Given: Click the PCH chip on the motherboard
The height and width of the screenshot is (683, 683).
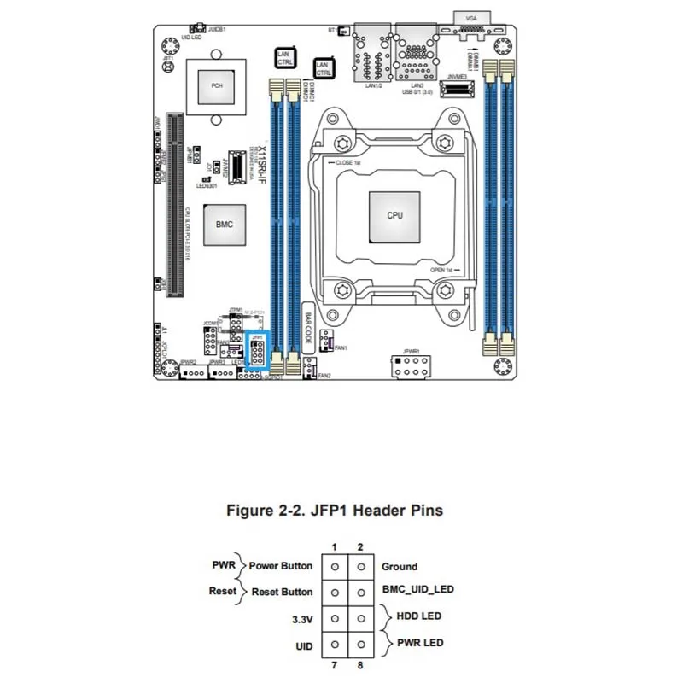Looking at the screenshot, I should (x=217, y=85).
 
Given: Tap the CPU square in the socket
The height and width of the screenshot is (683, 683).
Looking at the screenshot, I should (x=394, y=215).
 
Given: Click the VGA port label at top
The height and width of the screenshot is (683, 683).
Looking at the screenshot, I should (x=471, y=18).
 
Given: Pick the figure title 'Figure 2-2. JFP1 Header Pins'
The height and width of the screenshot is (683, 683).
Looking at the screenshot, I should (x=334, y=511).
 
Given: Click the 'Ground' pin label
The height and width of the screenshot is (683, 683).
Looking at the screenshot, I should (x=399, y=566).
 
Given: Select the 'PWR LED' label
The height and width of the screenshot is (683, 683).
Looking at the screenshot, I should (x=418, y=642).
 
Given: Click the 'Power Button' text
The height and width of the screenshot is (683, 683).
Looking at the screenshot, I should (x=281, y=566).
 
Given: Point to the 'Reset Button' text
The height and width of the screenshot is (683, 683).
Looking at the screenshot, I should (x=283, y=591).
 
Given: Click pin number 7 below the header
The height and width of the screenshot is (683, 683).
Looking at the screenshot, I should (x=336, y=664).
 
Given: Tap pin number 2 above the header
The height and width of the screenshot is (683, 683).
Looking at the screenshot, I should (x=361, y=546).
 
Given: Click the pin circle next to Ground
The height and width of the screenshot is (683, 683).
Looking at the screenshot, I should (x=361, y=566).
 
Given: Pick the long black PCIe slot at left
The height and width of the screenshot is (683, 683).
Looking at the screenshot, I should (x=174, y=205).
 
